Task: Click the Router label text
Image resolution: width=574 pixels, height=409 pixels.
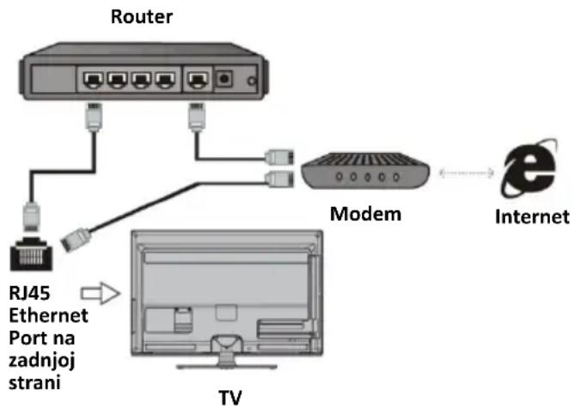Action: [142, 17]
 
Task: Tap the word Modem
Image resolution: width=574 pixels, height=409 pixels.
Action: [366, 214]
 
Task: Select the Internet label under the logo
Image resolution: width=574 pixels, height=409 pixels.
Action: [532, 217]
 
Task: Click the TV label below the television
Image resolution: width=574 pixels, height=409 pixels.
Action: [230, 398]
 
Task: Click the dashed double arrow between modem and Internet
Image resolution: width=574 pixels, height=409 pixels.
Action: [467, 173]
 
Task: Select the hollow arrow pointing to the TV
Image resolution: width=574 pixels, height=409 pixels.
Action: [101, 293]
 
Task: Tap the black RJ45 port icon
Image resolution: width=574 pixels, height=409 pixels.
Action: [32, 253]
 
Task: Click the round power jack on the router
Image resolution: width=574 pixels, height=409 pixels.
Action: [224, 78]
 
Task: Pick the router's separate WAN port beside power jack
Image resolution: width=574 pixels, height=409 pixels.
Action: [198, 79]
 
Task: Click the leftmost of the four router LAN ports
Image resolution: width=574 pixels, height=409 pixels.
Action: [94, 80]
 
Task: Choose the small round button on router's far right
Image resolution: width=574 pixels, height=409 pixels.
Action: [252, 81]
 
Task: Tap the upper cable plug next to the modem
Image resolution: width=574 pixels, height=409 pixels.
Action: [279, 157]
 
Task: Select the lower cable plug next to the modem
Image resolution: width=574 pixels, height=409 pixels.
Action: [279, 179]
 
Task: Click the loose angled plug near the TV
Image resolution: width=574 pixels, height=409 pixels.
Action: [76, 240]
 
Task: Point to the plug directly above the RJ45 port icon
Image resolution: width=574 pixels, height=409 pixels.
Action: [32, 217]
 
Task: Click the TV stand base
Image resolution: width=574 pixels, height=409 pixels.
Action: [227, 365]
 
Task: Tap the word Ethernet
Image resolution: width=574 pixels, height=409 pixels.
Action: [48, 315]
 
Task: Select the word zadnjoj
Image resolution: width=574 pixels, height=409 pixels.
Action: [42, 361]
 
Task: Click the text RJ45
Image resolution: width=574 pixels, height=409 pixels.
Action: [29, 293]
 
